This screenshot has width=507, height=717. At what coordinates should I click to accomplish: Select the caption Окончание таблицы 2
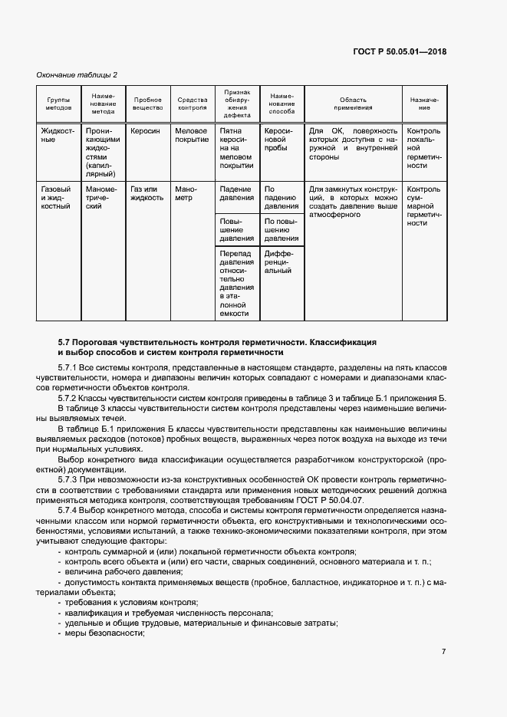77,74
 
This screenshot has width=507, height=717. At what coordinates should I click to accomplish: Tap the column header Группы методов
58,104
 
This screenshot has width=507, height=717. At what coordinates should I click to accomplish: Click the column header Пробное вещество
147,104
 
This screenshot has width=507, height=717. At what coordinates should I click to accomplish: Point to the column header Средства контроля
193,104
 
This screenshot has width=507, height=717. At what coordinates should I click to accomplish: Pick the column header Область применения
353,104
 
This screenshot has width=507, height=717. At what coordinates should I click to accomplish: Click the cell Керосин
145,131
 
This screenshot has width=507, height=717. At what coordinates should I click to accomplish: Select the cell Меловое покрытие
192,136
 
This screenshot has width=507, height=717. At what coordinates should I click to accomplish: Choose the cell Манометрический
101,197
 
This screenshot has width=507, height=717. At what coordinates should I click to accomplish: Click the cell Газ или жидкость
147,192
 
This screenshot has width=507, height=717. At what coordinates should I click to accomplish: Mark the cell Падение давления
236,192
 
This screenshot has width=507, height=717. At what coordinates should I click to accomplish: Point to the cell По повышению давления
281,230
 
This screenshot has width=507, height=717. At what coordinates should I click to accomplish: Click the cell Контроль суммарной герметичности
423,206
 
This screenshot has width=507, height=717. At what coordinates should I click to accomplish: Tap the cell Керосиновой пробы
278,140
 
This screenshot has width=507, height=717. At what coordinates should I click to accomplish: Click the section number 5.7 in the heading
65,340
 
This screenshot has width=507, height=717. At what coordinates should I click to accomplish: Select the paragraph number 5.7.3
70,479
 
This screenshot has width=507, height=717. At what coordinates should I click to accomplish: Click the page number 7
444,651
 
